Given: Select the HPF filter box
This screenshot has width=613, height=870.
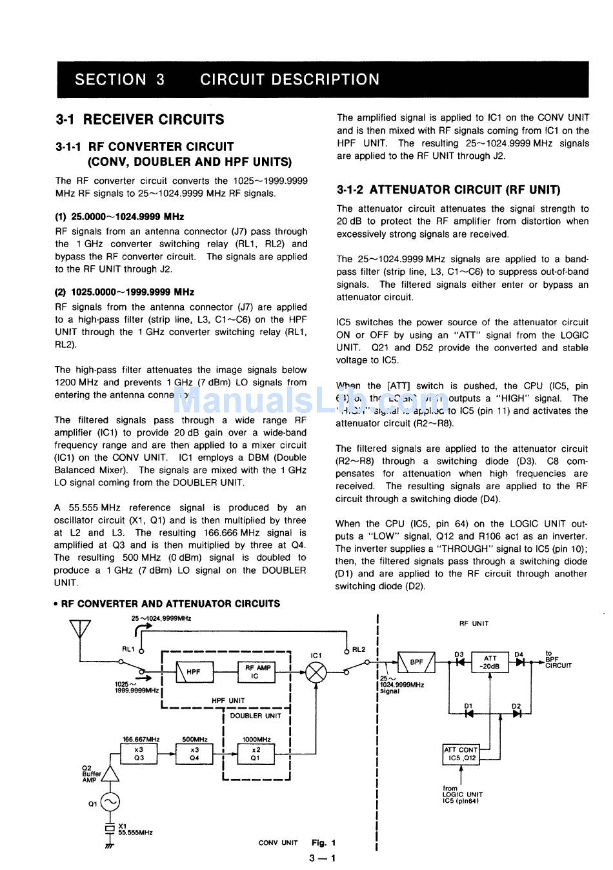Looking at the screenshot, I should click(193, 672).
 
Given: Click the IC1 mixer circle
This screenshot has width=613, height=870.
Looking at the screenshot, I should click(316, 673).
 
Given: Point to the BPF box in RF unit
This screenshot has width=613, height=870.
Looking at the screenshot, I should click(416, 662).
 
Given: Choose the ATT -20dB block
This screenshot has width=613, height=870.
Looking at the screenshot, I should click(490, 662).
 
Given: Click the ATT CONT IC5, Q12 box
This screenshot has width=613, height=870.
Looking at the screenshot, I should click(461, 754).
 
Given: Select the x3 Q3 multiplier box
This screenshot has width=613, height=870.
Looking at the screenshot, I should click(139, 753).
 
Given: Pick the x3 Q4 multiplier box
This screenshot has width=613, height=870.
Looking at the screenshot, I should click(194, 753).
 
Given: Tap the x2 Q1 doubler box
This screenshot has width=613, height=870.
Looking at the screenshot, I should click(256, 753).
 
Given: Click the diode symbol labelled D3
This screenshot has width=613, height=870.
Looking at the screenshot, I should click(460, 662).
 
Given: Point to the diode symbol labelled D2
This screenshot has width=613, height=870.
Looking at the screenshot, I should click(516, 713).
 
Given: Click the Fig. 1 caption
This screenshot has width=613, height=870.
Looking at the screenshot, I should click(323, 842).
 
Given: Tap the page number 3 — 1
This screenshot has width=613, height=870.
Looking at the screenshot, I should click(322, 858).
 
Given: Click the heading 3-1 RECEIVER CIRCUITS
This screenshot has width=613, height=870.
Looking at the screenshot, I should click(140, 119).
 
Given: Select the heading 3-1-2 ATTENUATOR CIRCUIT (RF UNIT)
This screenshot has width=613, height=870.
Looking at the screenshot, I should click(448, 190).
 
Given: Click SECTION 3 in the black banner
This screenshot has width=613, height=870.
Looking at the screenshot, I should click(119, 79).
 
